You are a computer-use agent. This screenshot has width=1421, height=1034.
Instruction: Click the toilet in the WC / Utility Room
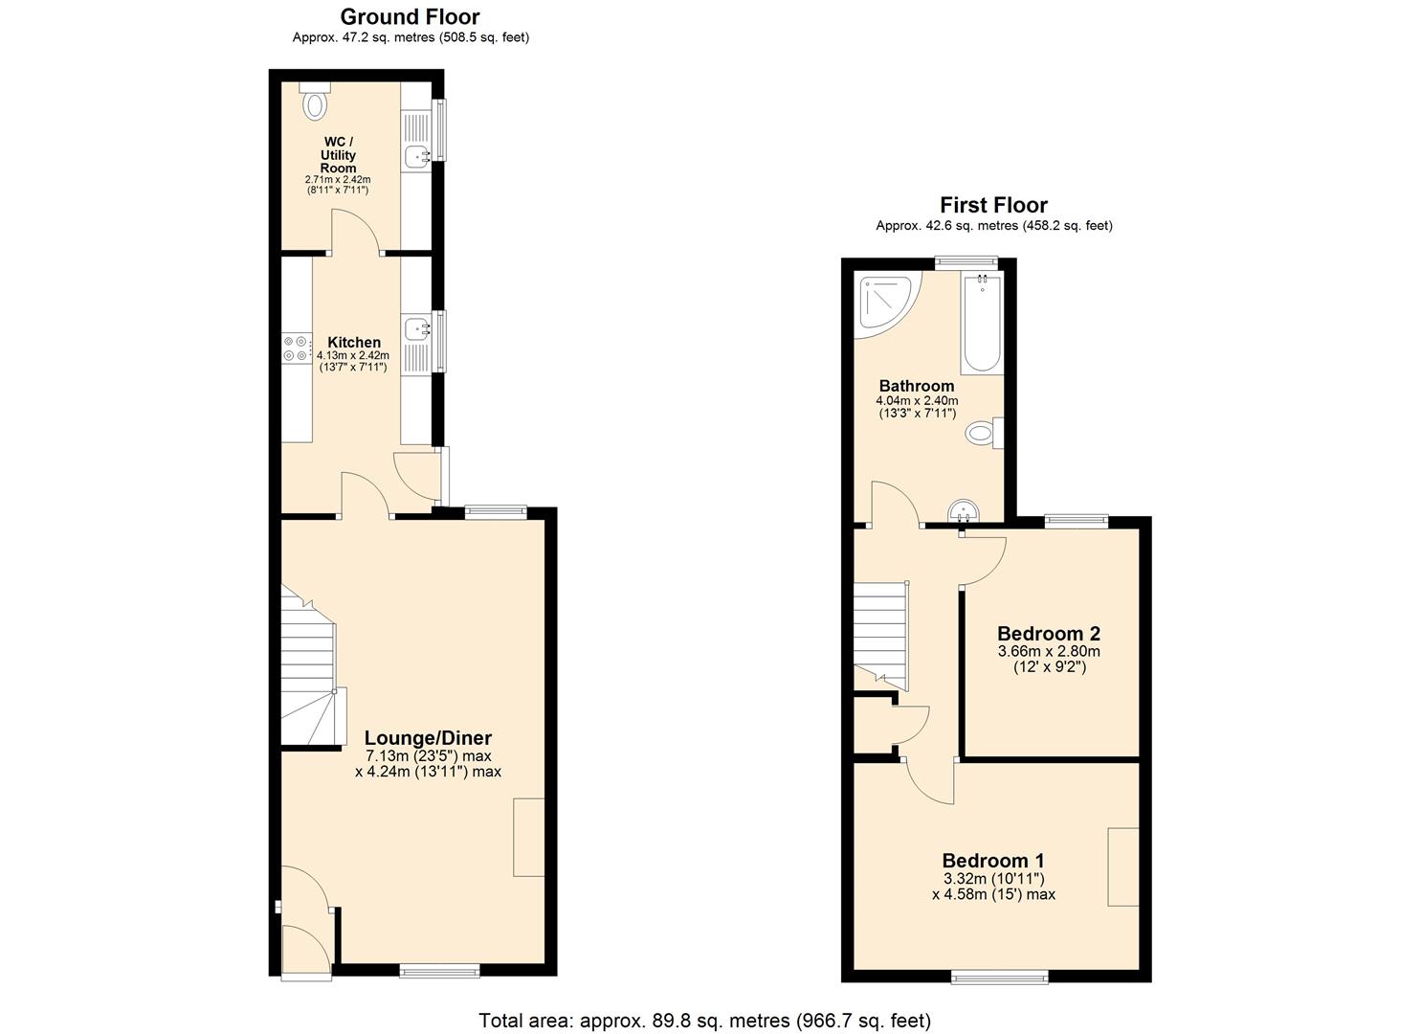[x=315, y=103]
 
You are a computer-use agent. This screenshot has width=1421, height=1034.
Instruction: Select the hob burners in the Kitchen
[x=296, y=348]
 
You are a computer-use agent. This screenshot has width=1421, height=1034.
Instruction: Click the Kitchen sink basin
[x=416, y=329]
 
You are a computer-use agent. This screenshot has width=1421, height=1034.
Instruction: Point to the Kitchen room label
[x=354, y=342]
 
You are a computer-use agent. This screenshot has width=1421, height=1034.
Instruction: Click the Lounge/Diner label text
[x=428, y=738]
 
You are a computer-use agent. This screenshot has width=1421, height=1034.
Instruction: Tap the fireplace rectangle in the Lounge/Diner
[x=528, y=837]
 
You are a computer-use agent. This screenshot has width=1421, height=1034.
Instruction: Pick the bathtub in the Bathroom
[x=982, y=324]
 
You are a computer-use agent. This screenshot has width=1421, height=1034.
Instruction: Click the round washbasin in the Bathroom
[x=962, y=512]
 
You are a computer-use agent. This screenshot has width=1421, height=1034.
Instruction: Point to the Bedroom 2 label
[x=1049, y=634]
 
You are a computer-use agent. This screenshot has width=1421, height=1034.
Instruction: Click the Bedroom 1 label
[x=993, y=860]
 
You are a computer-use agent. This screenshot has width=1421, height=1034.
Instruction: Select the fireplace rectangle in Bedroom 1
[x=1123, y=866]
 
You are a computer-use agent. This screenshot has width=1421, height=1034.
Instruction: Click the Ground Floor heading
[x=410, y=16]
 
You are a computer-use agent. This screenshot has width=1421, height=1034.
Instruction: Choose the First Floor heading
[x=993, y=205]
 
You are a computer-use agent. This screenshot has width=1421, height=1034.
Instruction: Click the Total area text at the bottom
[x=704, y=1021]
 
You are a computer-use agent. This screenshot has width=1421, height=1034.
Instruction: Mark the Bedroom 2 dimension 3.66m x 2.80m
[x=1049, y=651]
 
